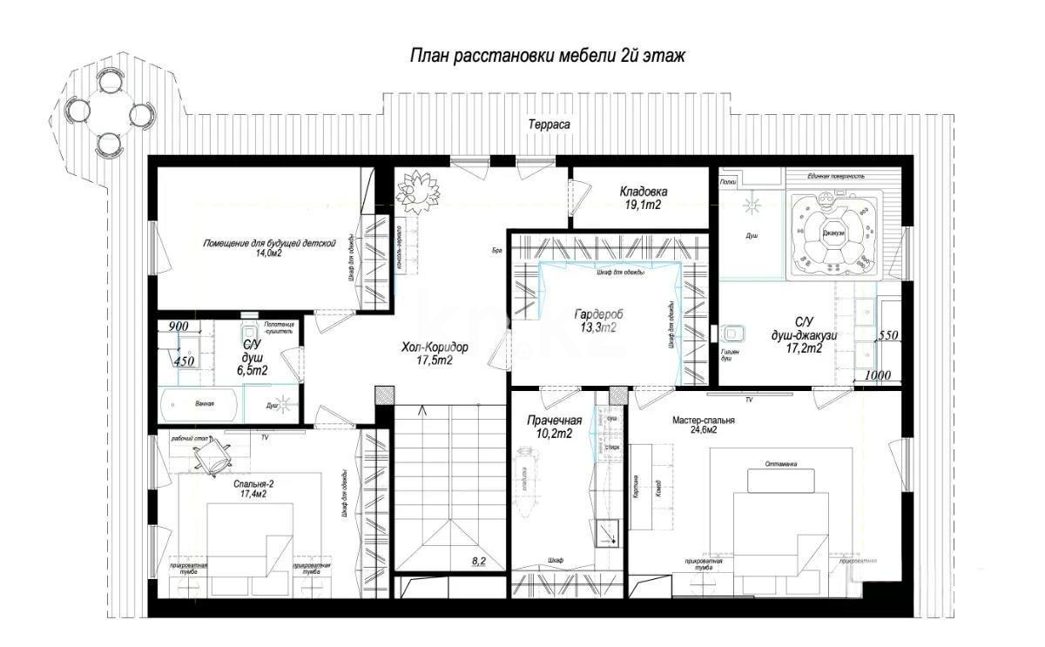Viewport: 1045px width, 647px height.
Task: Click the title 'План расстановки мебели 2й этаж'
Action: (x=549, y=57)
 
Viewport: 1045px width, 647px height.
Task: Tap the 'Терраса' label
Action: (x=549, y=125)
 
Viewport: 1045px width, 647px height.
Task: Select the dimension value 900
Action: (x=179, y=326)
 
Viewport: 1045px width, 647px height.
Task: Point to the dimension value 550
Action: (x=887, y=334)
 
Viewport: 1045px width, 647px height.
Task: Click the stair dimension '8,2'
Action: (x=479, y=562)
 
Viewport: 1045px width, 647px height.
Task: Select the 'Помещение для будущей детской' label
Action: (x=269, y=247)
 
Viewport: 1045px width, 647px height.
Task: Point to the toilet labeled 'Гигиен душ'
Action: (x=730, y=333)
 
